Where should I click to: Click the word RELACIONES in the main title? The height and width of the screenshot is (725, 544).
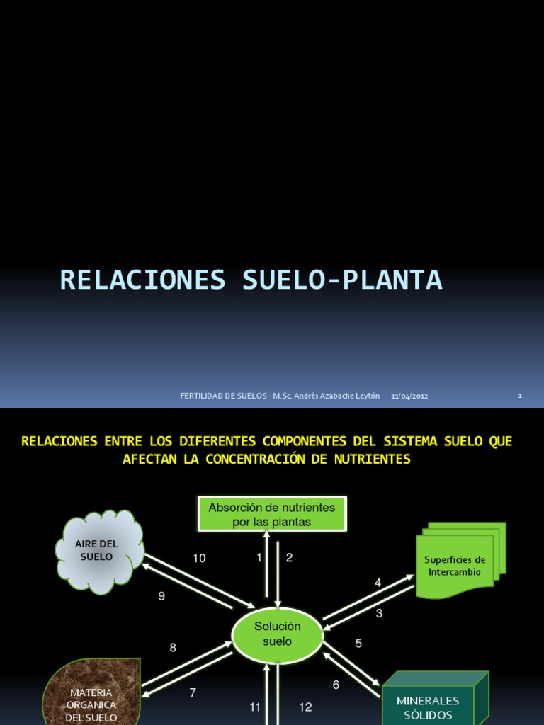[x=142, y=280]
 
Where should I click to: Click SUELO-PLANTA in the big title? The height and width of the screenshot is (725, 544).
[x=342, y=280]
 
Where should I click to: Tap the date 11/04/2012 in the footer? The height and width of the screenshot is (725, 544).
[x=409, y=396]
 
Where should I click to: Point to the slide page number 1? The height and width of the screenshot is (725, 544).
[x=520, y=396]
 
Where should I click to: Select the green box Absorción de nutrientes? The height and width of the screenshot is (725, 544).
[x=272, y=515]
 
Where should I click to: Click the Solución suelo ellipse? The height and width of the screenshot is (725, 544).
[x=278, y=634]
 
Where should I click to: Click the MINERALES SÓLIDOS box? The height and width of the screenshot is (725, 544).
[x=428, y=707]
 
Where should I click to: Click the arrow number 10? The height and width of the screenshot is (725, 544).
[x=199, y=559]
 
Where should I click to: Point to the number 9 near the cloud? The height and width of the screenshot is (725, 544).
[x=161, y=596]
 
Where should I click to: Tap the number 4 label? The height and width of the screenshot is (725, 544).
[x=378, y=583]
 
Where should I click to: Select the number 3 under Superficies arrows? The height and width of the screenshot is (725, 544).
[x=379, y=613]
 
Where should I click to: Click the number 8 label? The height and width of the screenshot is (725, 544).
[x=173, y=647]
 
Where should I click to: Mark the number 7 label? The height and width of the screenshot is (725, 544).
[x=193, y=692]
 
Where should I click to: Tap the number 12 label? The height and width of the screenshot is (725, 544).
[x=305, y=707]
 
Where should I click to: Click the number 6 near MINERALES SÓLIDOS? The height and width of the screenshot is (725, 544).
[x=336, y=685]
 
